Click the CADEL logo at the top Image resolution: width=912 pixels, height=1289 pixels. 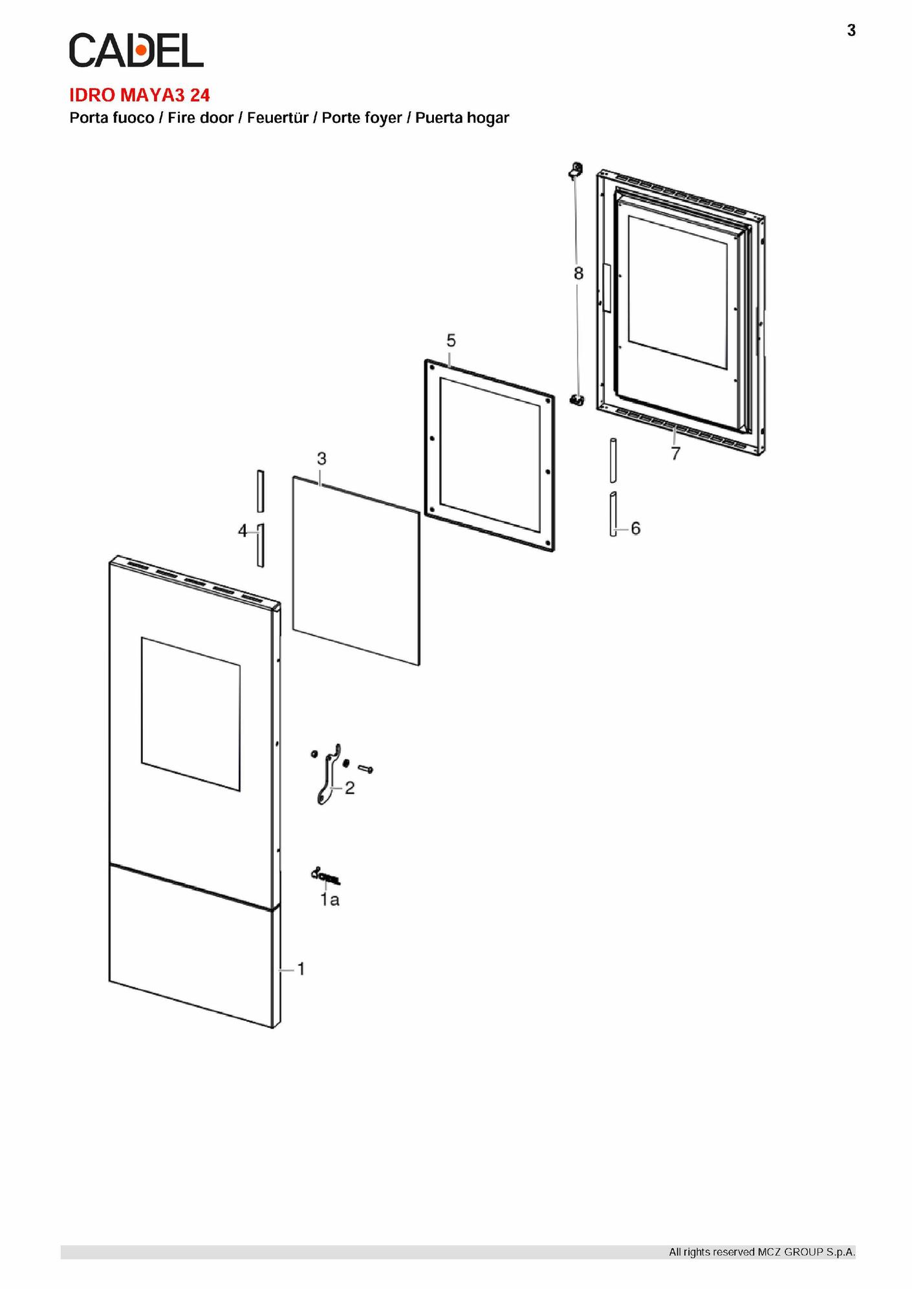pyautogui.click(x=136, y=50)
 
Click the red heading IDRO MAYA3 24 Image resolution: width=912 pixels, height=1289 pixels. pyautogui.click(x=140, y=96)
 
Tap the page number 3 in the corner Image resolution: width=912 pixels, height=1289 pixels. pyautogui.click(x=851, y=30)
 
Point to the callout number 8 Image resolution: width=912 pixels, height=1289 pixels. pyautogui.click(x=578, y=273)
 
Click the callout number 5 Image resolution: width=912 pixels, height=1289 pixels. pyautogui.click(x=451, y=340)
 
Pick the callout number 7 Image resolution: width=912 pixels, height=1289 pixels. pyautogui.click(x=676, y=454)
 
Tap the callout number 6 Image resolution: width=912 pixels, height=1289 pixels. pyautogui.click(x=636, y=529)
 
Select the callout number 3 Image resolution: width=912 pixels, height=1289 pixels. pyautogui.click(x=321, y=459)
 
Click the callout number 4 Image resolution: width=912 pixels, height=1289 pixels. pyautogui.click(x=243, y=531)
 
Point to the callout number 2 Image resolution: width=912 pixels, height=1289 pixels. pyautogui.click(x=350, y=788)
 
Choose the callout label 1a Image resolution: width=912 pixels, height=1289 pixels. pyautogui.click(x=330, y=900)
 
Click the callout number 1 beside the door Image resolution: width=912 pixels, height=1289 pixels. pyautogui.click(x=301, y=968)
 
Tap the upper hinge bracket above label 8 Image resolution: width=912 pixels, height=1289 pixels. pyautogui.click(x=575, y=171)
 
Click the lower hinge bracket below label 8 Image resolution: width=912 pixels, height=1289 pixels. pyautogui.click(x=577, y=400)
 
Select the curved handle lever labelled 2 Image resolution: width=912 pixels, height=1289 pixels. pyautogui.click(x=329, y=775)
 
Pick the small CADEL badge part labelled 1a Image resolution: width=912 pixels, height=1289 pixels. pyautogui.click(x=326, y=876)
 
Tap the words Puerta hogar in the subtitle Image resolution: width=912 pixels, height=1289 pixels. pyautogui.click(x=462, y=118)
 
